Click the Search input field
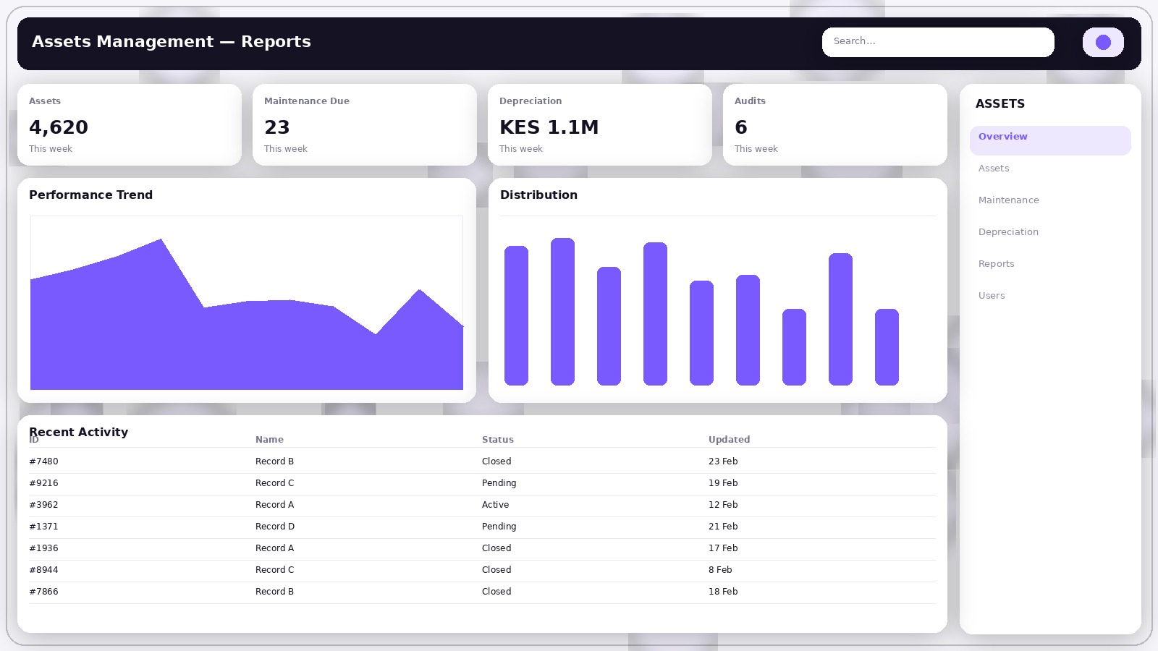pyautogui.click(x=937, y=42)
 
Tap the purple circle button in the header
pyautogui.click(x=1103, y=42)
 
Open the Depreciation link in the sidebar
pyautogui.click(x=1008, y=232)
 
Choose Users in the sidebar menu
pyautogui.click(x=992, y=296)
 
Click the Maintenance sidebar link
pyautogui.click(x=1008, y=200)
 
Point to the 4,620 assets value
pyautogui.click(x=59, y=127)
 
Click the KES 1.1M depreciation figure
pyautogui.click(x=549, y=127)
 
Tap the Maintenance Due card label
pyautogui.click(x=306, y=101)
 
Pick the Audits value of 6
pyautogui.click(x=740, y=127)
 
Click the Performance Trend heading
pyautogui.click(x=90, y=195)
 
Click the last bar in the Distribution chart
pyautogui.click(x=887, y=347)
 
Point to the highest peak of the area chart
pyautogui.click(x=161, y=241)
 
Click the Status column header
pyautogui.click(x=497, y=440)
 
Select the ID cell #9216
pyautogui.click(x=43, y=483)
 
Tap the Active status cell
pyautogui.click(x=495, y=505)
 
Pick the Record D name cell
pyautogui.click(x=274, y=527)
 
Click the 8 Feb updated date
pyautogui.click(x=719, y=570)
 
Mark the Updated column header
pyautogui.click(x=729, y=440)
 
